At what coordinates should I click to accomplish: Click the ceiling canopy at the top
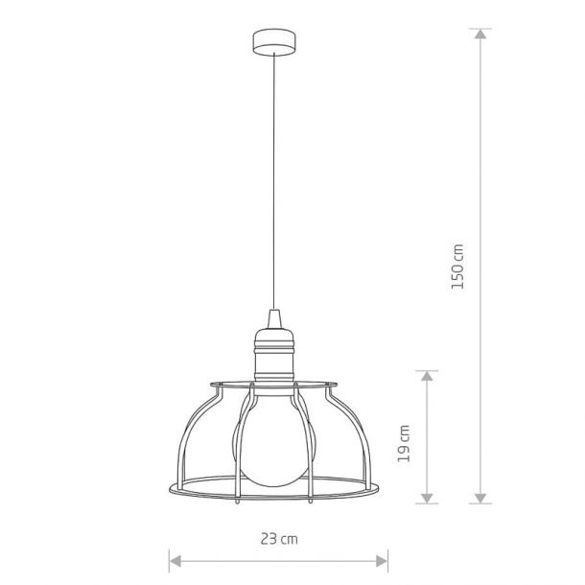pos(274,42)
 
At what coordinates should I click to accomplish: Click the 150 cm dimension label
pos(457,267)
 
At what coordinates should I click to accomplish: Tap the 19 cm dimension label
pos(404,443)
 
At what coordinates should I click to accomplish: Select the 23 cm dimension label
pos(279,539)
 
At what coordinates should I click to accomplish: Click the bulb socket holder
pos(274,357)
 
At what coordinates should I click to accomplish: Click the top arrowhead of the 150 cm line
pos(480,34)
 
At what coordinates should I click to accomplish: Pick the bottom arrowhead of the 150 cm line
pos(480,498)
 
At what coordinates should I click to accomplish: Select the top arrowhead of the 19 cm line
pos(427,376)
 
